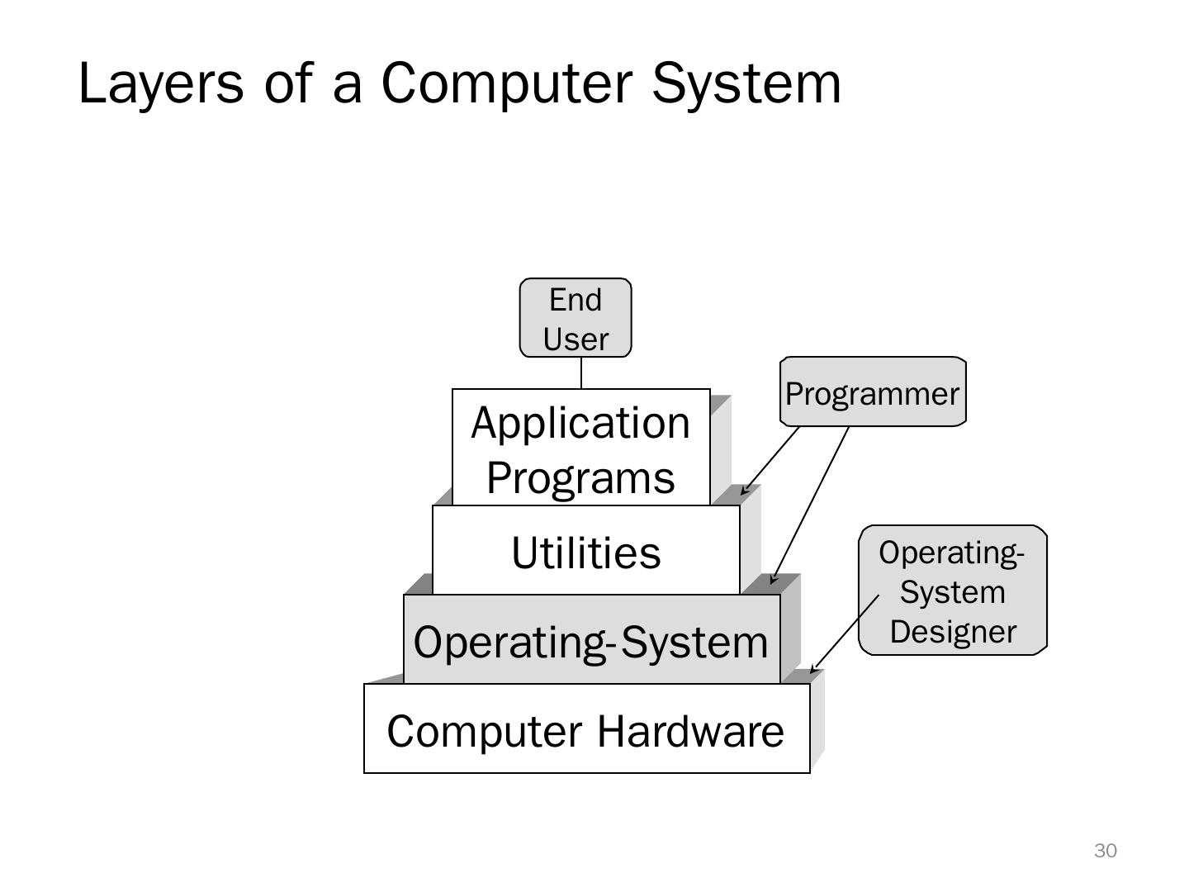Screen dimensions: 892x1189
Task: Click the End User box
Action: point(576,318)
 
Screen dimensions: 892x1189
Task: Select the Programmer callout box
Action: point(873,392)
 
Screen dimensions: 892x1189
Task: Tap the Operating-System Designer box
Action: point(953,591)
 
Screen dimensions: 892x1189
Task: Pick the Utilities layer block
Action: point(585,552)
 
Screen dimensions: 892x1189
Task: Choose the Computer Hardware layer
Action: point(586,730)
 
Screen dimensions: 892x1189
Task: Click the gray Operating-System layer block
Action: point(591,641)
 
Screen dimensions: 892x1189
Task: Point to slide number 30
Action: point(1105,851)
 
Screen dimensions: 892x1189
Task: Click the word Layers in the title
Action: point(161,83)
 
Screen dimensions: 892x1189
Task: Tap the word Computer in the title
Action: point(506,83)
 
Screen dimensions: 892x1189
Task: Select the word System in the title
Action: point(746,83)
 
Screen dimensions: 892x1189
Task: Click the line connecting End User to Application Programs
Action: point(581,372)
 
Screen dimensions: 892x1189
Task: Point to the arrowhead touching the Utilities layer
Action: point(743,491)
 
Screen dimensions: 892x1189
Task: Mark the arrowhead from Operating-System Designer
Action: point(813,670)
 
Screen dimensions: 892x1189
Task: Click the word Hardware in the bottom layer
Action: point(690,731)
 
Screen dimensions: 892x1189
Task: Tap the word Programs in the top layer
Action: point(580,477)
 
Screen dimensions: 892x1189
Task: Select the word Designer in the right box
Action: point(953,632)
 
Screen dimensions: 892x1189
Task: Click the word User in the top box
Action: point(576,339)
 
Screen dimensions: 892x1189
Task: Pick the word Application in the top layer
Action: point(580,423)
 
